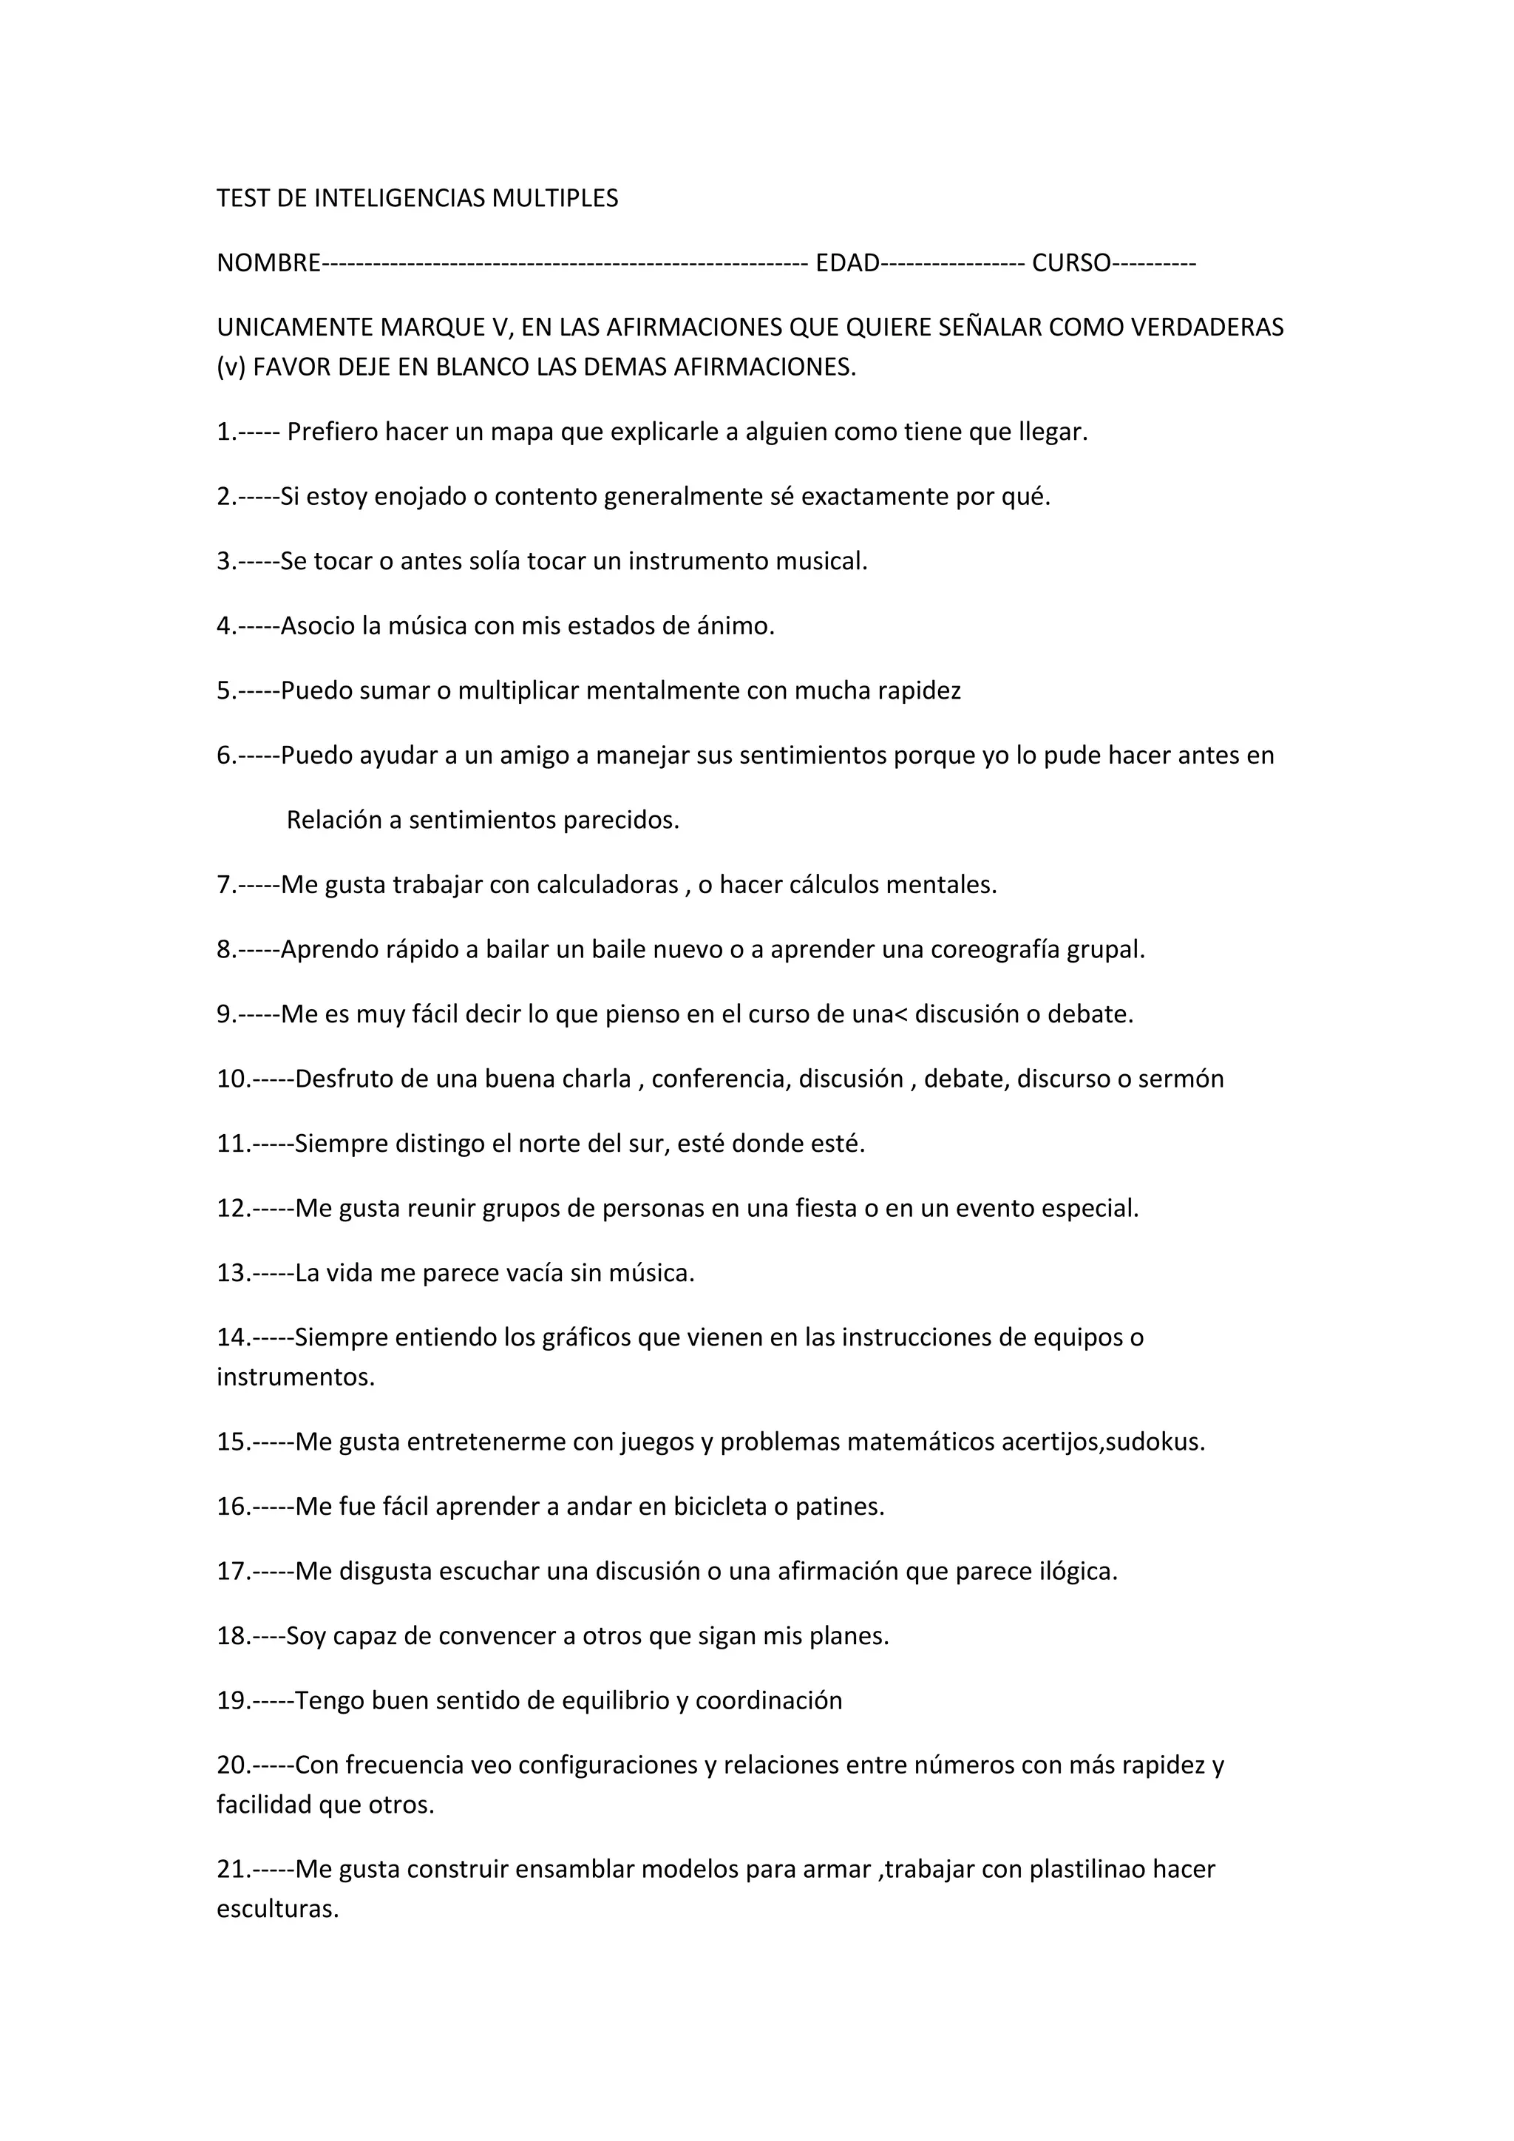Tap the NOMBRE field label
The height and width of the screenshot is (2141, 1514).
(268, 264)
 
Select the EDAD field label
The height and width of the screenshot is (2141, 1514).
(846, 264)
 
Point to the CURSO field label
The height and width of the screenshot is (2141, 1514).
(1071, 264)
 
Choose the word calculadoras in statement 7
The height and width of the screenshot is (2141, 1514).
(607, 885)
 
